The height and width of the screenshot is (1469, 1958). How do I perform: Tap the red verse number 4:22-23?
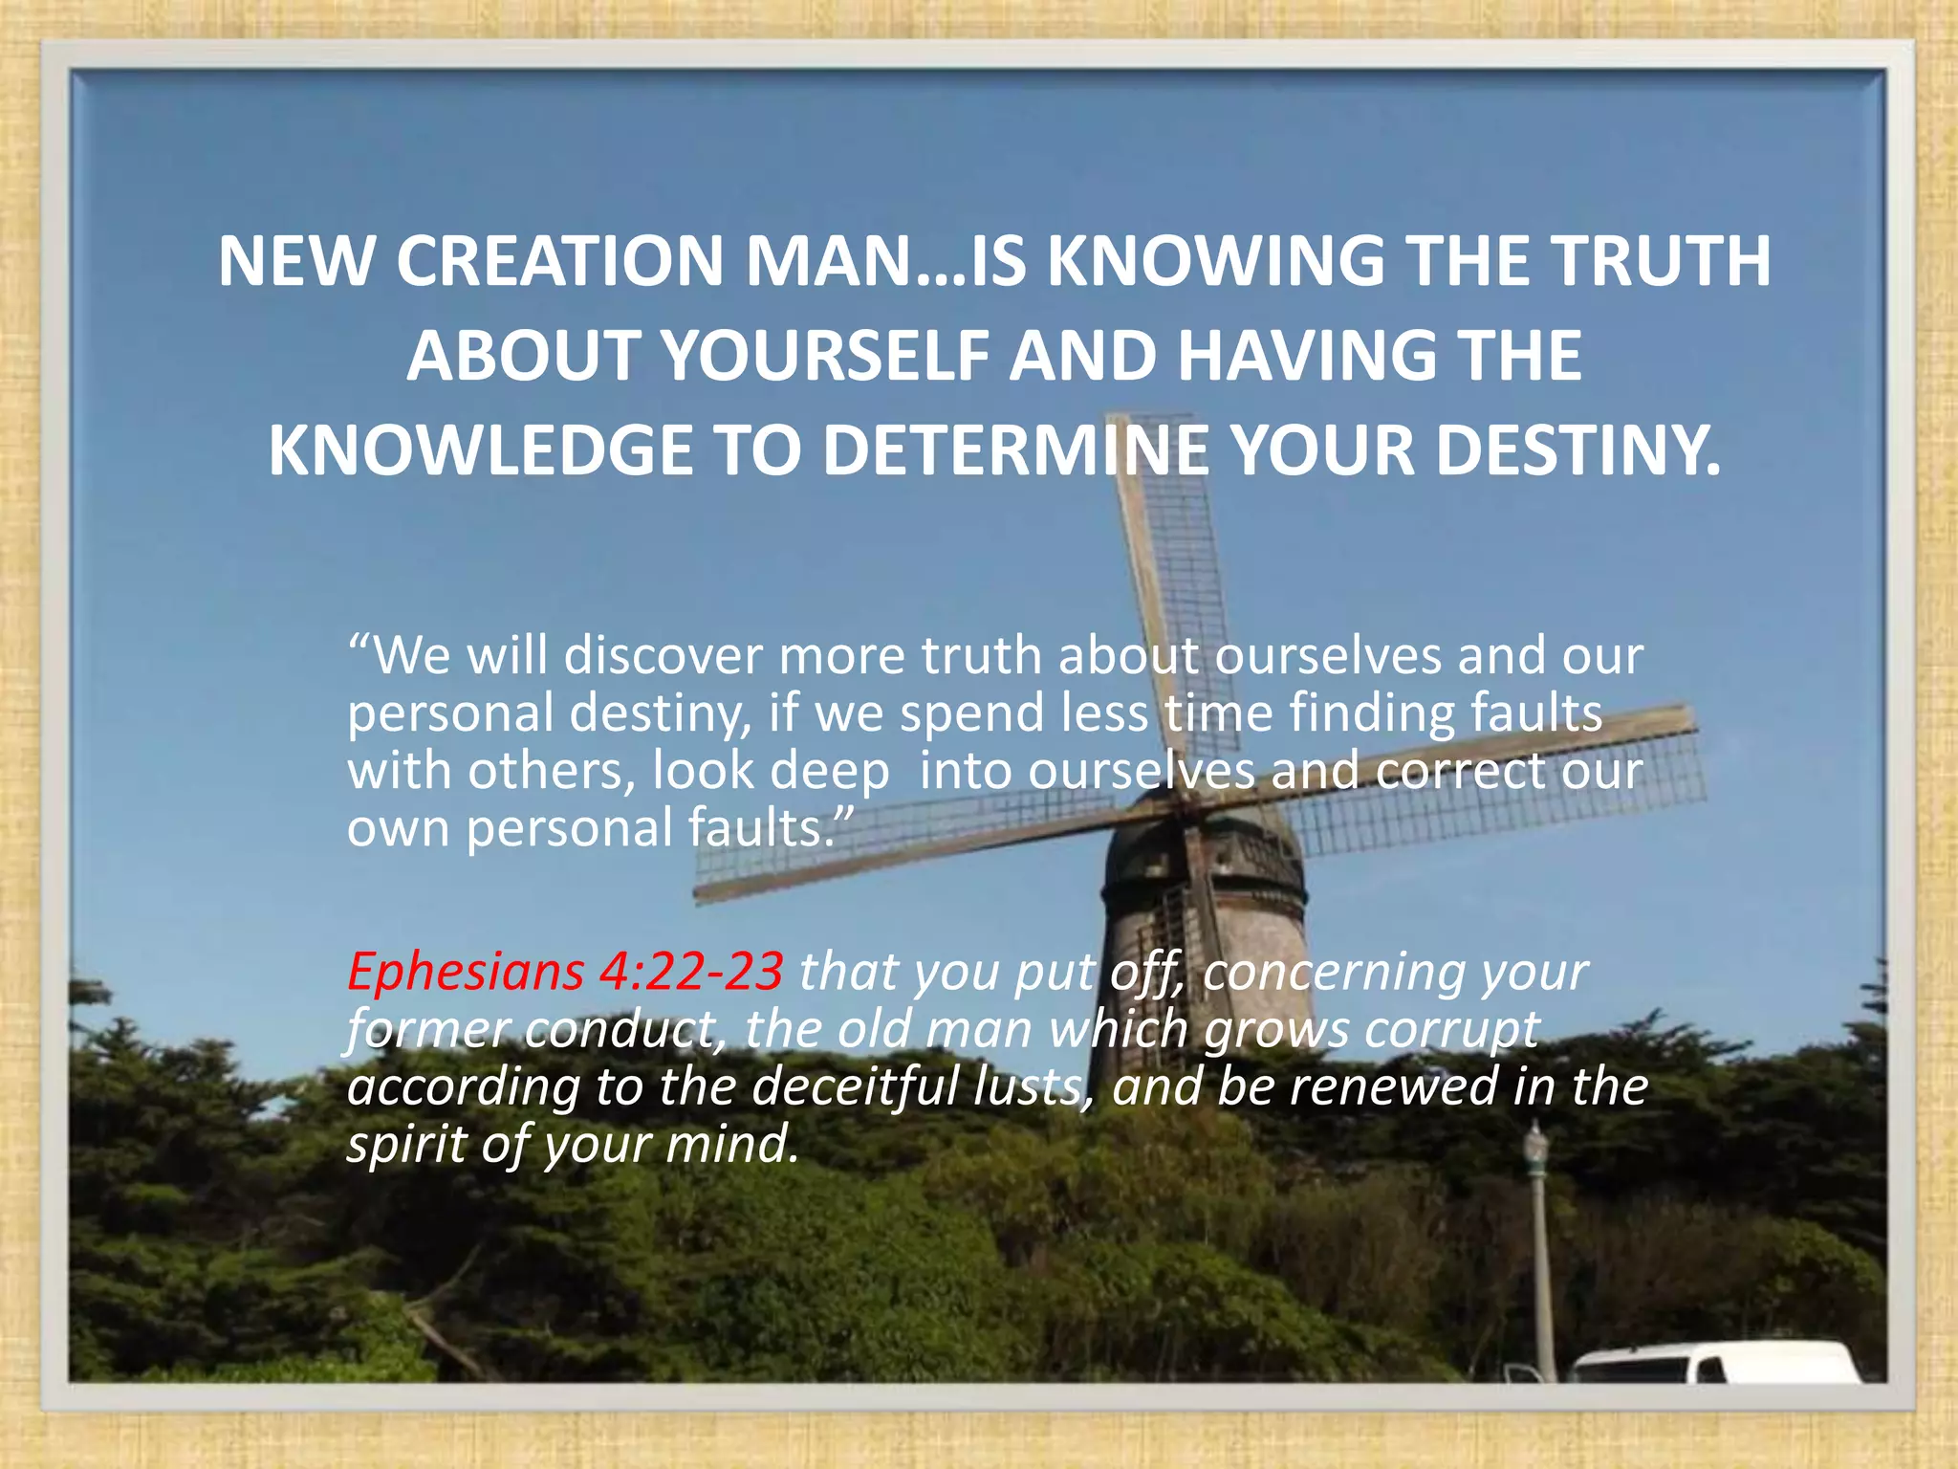tap(690, 972)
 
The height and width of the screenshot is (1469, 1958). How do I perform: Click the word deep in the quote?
tap(829, 771)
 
